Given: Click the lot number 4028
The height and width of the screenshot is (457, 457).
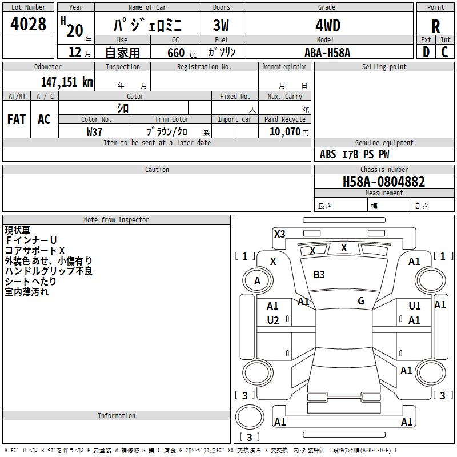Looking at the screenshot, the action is click(28, 23).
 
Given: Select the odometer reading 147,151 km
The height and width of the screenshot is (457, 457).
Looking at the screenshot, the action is click(67, 82).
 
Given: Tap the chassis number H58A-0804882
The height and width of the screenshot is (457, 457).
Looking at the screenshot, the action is click(384, 182).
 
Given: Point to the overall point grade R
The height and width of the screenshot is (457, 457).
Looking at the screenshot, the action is click(435, 26).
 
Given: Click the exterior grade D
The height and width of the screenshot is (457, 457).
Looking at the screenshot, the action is click(426, 52).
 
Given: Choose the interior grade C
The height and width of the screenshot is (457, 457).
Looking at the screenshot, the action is click(444, 52).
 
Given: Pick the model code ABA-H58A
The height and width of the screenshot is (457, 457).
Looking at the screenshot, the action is click(327, 53).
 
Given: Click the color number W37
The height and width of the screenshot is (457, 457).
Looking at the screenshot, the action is click(94, 132).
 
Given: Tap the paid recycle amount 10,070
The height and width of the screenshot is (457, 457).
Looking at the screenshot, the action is click(284, 131).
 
